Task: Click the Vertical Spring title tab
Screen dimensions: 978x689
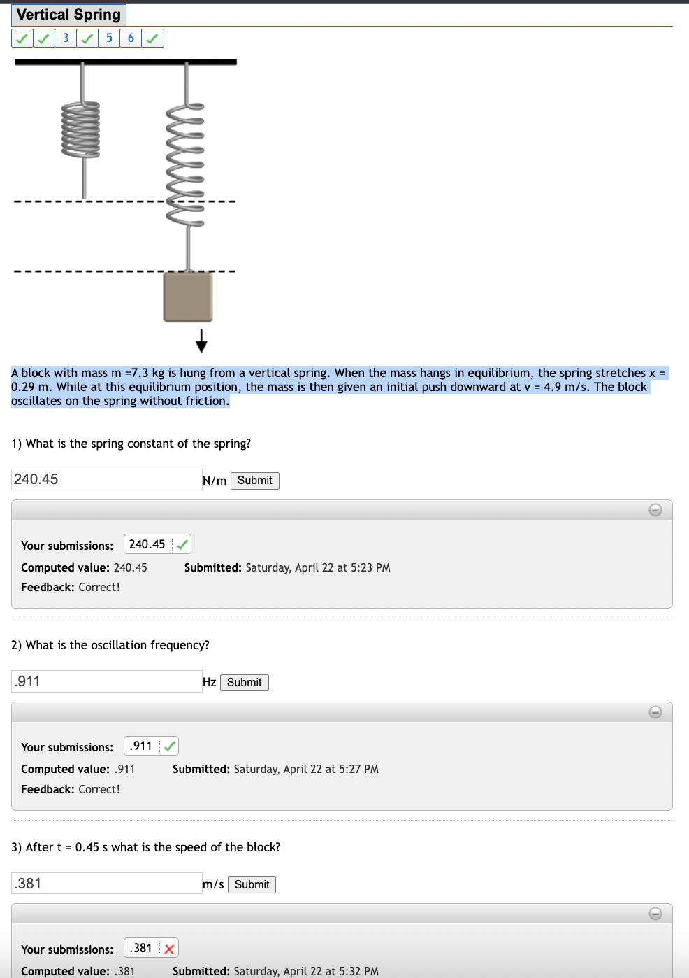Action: click(x=68, y=15)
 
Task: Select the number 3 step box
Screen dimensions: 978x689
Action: click(x=66, y=38)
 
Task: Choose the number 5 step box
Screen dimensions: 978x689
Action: click(x=109, y=38)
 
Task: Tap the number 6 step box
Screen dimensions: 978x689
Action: click(x=131, y=38)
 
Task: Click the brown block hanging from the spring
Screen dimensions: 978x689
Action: click(x=188, y=297)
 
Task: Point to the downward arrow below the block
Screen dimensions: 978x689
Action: click(x=201, y=341)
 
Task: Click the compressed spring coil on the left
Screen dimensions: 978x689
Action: click(x=81, y=130)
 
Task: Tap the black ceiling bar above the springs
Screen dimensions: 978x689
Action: click(x=126, y=62)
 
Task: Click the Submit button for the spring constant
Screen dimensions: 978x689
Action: click(x=254, y=481)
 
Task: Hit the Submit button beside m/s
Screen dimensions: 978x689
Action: click(x=252, y=885)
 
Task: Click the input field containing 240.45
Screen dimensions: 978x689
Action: click(x=106, y=479)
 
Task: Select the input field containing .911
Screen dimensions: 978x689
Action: click(x=106, y=681)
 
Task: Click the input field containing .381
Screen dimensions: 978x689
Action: click(x=106, y=884)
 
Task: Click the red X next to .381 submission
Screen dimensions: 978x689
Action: click(x=169, y=949)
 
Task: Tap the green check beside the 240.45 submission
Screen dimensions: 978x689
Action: click(x=182, y=544)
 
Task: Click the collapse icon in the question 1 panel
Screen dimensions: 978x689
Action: click(x=655, y=510)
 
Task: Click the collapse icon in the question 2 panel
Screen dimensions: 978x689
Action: click(x=655, y=712)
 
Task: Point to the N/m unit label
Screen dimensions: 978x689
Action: click(x=215, y=481)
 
